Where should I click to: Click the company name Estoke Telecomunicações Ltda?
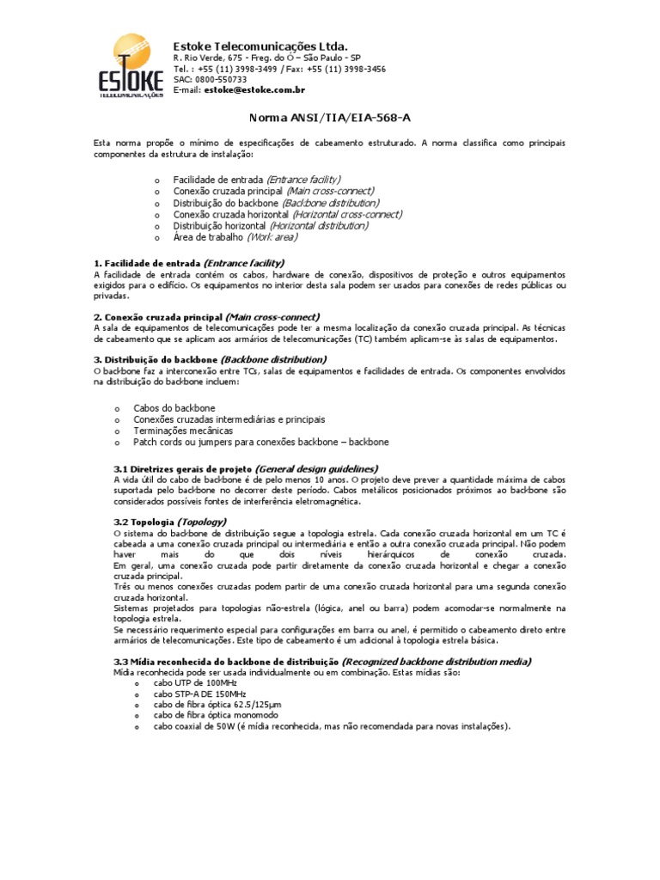[x=260, y=45]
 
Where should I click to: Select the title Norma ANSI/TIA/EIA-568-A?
[x=330, y=119]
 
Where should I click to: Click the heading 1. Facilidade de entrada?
[x=188, y=262]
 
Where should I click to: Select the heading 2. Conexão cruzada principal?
[x=205, y=316]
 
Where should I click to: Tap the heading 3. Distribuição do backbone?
[x=210, y=359]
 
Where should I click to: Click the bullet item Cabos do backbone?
[x=174, y=407]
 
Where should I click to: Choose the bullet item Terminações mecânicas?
[x=183, y=431]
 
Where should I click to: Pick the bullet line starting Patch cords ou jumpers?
[x=260, y=442]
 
